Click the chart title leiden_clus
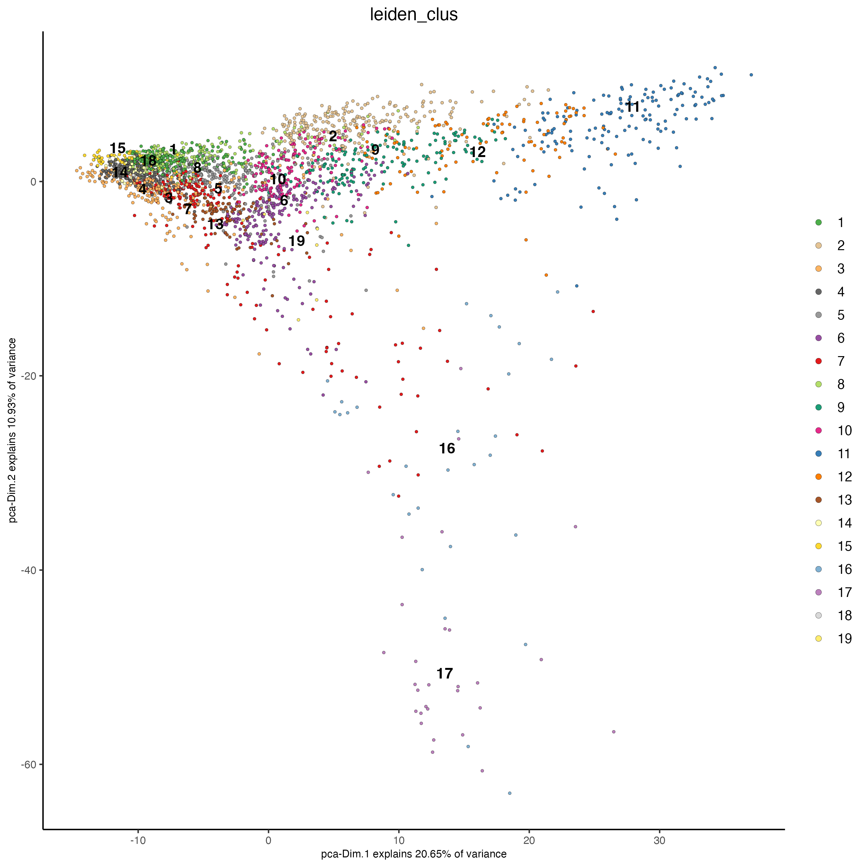click(x=413, y=15)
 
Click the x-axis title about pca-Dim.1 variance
click(x=413, y=854)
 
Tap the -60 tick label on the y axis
click(x=29, y=764)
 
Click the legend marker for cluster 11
click(x=819, y=454)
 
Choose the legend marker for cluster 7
click(x=819, y=361)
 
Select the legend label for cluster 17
click(x=845, y=592)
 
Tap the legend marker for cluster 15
click(x=819, y=546)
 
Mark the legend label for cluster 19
click(x=845, y=639)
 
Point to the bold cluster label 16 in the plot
click(x=447, y=448)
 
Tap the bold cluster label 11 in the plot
click(x=633, y=107)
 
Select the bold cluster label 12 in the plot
click(x=477, y=152)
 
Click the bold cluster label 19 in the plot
click(x=297, y=241)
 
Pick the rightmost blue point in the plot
click(x=751, y=75)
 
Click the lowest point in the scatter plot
click(x=509, y=793)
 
